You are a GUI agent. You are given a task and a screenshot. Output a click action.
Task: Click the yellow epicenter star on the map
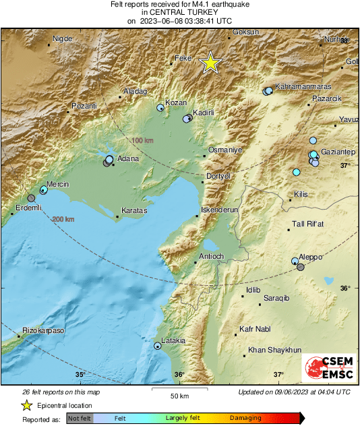tap(211, 63)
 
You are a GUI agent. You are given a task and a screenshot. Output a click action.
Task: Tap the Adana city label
tap(128, 159)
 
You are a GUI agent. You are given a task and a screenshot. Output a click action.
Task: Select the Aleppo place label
tap(310, 257)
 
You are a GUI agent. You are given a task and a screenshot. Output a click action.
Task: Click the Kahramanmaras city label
tap(302, 87)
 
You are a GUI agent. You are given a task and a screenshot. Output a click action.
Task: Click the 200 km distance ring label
tap(63, 219)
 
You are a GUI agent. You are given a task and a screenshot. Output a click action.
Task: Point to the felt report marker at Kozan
tap(160, 108)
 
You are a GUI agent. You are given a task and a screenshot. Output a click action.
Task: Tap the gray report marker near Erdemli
tap(31, 198)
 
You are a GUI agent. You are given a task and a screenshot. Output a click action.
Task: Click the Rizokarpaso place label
tap(42, 331)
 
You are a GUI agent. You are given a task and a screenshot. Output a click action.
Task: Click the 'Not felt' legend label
tap(80, 419)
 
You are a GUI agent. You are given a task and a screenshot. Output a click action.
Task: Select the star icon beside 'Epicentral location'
tap(26, 405)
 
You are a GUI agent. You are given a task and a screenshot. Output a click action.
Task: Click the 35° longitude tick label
tap(80, 375)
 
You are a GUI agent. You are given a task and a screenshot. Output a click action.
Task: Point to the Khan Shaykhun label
tap(274, 350)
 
